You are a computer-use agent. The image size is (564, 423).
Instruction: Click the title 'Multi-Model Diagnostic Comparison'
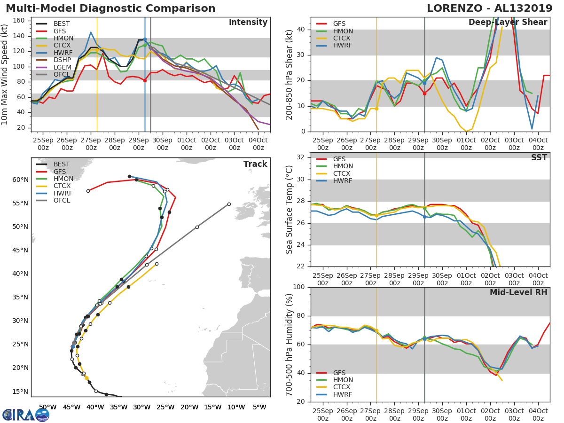click(110, 8)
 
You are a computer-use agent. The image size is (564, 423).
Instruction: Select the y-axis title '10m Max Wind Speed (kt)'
click(5, 75)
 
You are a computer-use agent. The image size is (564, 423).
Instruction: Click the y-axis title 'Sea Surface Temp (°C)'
click(290, 209)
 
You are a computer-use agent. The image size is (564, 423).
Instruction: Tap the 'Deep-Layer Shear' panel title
click(508, 23)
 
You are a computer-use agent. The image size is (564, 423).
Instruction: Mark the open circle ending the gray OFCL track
click(229, 204)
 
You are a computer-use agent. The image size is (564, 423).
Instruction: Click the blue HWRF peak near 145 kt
click(91, 32)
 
